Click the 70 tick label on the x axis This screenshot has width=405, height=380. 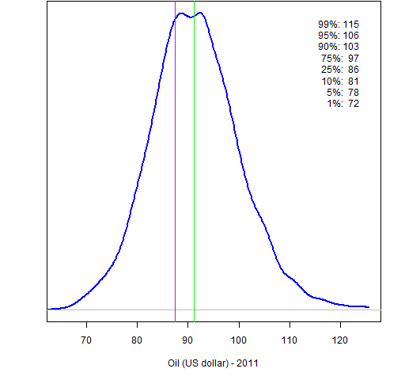tap(86, 340)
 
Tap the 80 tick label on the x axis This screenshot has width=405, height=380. tap(137, 340)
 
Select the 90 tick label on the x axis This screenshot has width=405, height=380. tap(187, 340)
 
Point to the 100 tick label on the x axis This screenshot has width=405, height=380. tap(239, 340)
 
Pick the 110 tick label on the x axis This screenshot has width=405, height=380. tap(290, 340)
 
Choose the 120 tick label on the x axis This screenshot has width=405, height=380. tap(340, 340)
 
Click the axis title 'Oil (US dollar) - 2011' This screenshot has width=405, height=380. tap(213, 363)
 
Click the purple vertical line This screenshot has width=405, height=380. tap(175, 161)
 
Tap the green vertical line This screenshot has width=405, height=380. tap(194, 161)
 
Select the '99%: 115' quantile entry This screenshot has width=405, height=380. tap(339, 25)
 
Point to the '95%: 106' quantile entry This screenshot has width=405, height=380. tap(339, 36)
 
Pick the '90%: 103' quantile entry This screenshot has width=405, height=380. tap(339, 47)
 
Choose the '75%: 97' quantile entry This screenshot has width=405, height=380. tap(340, 58)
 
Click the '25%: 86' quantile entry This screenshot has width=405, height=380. tap(340, 70)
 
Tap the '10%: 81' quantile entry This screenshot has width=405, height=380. tap(340, 81)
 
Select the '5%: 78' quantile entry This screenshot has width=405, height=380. tap(343, 93)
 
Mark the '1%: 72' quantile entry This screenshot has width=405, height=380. tap(343, 104)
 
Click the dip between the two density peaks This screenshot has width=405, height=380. tap(191, 17)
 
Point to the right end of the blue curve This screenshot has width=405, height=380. tap(369, 307)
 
